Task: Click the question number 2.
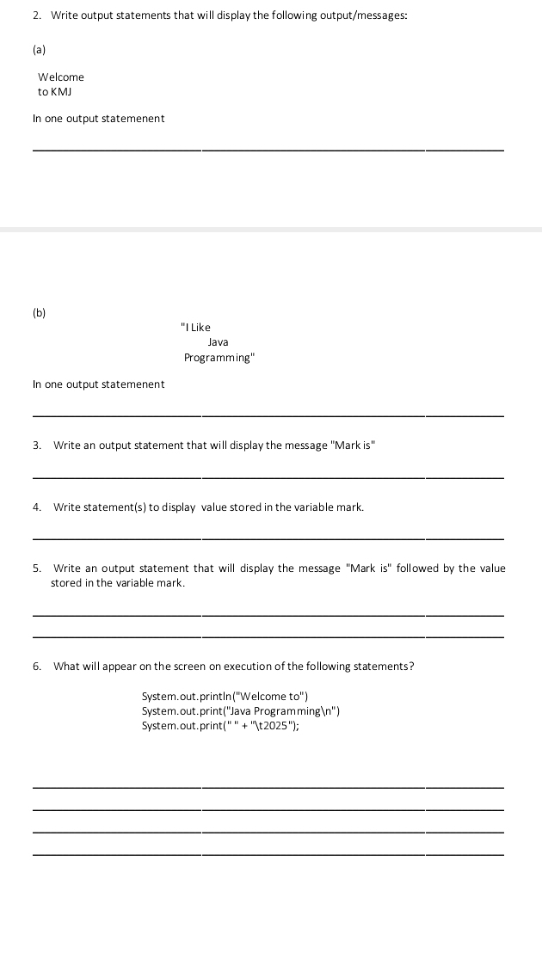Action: click(37, 16)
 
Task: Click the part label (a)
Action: click(39, 51)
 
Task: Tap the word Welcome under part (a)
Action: click(61, 77)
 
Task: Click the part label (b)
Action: click(40, 313)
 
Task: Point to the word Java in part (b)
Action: click(219, 342)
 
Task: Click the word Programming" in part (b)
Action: click(219, 358)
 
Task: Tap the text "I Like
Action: click(196, 328)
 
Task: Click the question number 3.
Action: click(37, 446)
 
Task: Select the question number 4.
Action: click(37, 507)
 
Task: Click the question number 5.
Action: click(37, 569)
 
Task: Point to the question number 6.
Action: click(37, 667)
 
